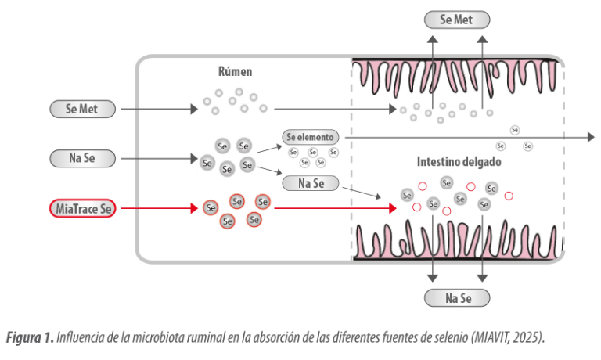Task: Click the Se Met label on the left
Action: coord(82,109)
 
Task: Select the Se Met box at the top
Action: coord(456,20)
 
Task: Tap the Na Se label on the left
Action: coord(82,158)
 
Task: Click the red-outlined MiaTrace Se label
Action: coord(82,208)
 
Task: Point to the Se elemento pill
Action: coord(309,137)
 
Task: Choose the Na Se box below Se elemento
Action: coord(309,183)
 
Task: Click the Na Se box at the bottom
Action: coord(456,297)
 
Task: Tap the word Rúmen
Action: coord(234,71)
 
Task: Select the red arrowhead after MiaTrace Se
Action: coord(193,208)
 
